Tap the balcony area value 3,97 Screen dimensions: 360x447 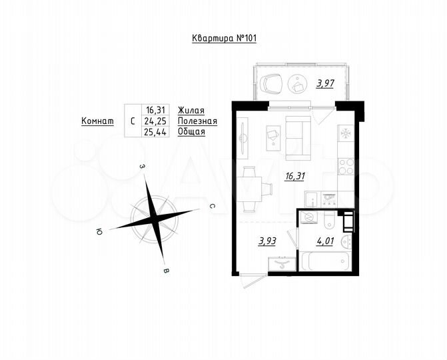click(x=325, y=83)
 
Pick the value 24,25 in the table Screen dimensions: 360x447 click(x=155, y=121)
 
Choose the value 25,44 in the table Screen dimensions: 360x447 click(x=155, y=131)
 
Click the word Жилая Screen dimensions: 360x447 click(x=191, y=110)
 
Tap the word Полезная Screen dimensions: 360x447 click(x=197, y=121)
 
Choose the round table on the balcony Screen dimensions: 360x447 click(x=296, y=83)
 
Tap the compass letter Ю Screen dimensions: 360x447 click(x=99, y=231)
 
